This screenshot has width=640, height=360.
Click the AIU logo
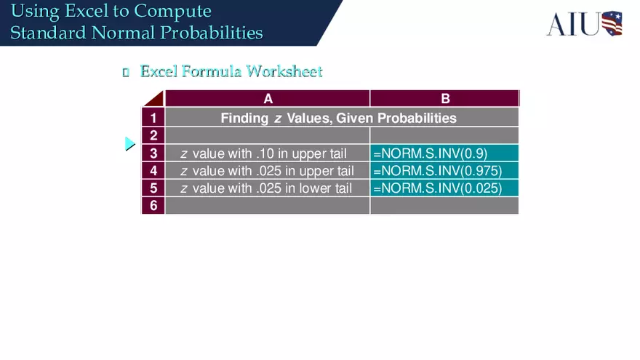584,23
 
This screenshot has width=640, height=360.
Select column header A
268,99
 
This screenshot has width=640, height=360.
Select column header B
445,99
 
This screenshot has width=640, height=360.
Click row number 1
153,118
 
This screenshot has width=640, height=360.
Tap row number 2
153,135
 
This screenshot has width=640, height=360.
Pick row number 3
153,153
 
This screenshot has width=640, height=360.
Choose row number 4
153,171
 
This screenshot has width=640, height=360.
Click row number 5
153,188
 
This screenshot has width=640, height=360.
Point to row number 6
153,206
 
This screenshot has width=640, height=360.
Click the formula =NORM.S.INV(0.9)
430,153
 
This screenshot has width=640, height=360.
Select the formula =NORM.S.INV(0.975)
436,171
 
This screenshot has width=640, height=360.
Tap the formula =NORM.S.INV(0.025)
436,188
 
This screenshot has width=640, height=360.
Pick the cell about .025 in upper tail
267,171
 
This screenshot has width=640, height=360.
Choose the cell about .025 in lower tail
266,188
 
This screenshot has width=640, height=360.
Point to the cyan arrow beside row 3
129,144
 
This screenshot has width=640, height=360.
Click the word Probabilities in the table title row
417,118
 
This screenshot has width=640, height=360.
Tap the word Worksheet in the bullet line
284,71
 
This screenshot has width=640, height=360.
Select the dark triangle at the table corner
155,100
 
